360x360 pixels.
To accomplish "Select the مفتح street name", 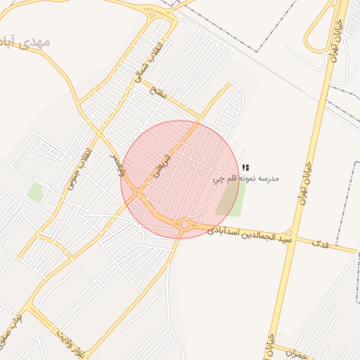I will click(159, 93).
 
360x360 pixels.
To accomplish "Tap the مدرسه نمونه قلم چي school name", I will click(246, 179).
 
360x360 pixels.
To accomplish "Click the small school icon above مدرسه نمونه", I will click(245, 168).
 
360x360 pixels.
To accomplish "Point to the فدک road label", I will click(320, 244).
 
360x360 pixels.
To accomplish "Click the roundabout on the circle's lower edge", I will click(185, 224).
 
